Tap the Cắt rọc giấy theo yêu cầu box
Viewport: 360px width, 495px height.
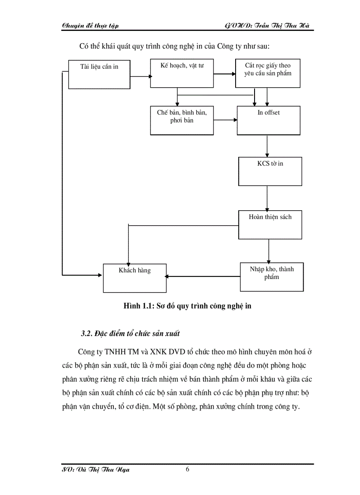(x=268, y=74)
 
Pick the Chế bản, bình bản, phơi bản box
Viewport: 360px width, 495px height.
(x=181, y=120)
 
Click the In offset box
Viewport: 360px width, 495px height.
(x=269, y=120)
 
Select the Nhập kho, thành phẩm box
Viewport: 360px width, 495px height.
(x=271, y=276)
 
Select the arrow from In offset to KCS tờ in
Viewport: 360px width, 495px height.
(x=267, y=145)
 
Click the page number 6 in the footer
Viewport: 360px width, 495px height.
(x=187, y=469)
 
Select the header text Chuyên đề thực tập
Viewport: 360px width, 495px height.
(x=90, y=26)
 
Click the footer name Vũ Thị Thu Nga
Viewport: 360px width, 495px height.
(x=96, y=470)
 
